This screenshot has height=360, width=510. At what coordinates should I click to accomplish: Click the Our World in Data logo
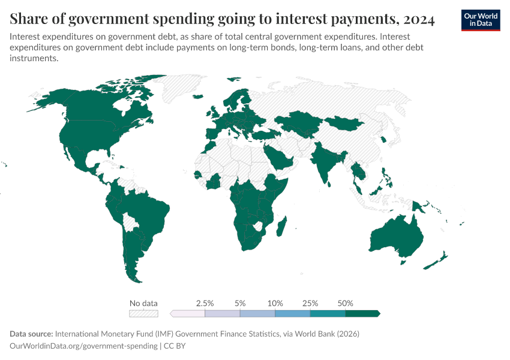point(480,20)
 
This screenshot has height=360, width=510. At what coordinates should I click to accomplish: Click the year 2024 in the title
point(419,20)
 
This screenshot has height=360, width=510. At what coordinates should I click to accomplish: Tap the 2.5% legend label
point(205,303)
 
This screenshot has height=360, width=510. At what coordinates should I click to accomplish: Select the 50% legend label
point(346,303)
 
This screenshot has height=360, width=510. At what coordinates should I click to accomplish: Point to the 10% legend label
point(275,303)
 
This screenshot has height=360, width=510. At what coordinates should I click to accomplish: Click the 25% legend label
point(310,303)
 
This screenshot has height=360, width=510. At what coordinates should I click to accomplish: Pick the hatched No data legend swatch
point(143,313)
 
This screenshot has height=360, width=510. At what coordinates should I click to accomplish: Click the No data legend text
point(143,303)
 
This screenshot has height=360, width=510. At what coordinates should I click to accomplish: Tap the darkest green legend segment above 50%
point(362,313)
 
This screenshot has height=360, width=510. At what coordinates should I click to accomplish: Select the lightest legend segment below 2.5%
point(188,313)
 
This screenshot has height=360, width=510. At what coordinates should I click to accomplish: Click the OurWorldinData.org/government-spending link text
point(83,346)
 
